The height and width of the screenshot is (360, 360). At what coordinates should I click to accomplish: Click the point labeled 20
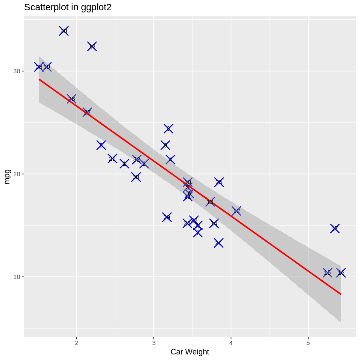point(64,31)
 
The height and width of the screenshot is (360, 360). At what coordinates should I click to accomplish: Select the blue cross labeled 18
point(92,46)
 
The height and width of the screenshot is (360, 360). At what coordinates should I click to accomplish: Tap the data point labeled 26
point(72,99)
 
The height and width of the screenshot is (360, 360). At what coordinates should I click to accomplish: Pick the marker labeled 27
point(87,112)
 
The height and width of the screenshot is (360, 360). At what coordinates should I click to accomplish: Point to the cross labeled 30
point(136,177)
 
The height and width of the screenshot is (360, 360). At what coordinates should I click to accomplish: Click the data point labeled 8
point(168,129)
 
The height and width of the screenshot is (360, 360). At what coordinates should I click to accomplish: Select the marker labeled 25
point(219,182)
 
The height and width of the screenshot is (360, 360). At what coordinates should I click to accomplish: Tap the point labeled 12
point(237,211)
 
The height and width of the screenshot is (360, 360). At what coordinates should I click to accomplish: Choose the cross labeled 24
point(219,243)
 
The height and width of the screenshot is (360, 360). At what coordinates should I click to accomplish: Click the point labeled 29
point(167,217)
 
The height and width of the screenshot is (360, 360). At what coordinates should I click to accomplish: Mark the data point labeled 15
point(327,273)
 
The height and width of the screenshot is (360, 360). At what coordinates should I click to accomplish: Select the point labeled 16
point(341,273)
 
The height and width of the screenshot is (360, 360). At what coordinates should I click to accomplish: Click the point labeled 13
point(210,201)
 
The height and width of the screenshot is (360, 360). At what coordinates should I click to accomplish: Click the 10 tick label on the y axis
point(17,277)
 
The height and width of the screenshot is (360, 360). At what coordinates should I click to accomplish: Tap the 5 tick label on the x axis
point(308,343)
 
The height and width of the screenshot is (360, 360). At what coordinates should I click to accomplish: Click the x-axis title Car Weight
point(190,352)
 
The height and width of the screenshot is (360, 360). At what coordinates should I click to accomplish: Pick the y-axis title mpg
point(7,176)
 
